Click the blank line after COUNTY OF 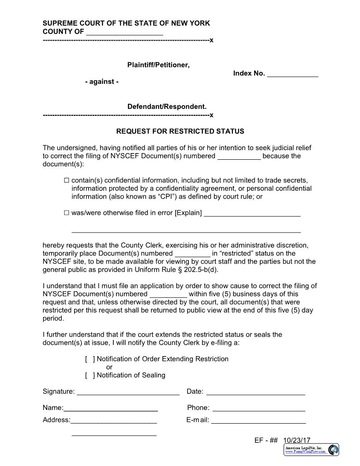click(x=124, y=33)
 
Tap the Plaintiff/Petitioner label click(x=158, y=65)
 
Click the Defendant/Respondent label click(x=167, y=107)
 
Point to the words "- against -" click(x=102, y=82)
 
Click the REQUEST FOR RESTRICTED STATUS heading click(x=180, y=132)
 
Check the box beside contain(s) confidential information click(x=67, y=180)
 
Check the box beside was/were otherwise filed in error click(x=67, y=213)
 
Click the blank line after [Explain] click(x=252, y=214)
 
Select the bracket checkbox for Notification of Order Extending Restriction click(x=90, y=359)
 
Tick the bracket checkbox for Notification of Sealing click(x=90, y=376)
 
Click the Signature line click(x=128, y=392)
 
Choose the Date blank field click(x=255, y=392)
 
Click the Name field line click(x=111, y=408)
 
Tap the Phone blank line click(x=259, y=408)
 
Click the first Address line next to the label click(x=113, y=421)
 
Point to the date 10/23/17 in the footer click(x=297, y=440)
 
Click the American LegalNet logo click(x=311, y=450)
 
